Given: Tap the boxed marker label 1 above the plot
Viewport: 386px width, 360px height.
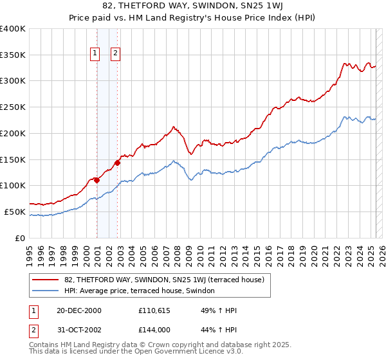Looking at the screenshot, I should click(x=95, y=54).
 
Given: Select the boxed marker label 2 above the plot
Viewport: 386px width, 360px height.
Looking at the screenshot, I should click(x=116, y=54).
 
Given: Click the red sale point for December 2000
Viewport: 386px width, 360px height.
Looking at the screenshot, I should click(x=96, y=180).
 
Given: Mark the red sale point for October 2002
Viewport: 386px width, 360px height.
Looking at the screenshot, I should click(x=118, y=163).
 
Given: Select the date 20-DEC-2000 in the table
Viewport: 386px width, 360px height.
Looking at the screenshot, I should click(x=78, y=310).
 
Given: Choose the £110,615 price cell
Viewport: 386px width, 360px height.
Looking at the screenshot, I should click(x=154, y=310).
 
